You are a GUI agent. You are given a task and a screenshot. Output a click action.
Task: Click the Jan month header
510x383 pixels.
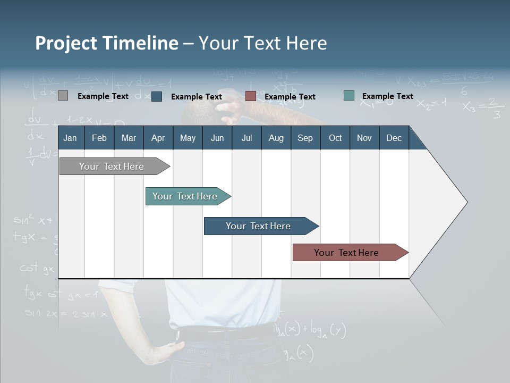(70, 138)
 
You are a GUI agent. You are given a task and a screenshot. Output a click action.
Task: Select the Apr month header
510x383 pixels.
(158, 138)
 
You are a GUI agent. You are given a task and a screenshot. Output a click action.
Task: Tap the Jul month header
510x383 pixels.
(246, 138)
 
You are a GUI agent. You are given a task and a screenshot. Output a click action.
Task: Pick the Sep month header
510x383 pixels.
(305, 138)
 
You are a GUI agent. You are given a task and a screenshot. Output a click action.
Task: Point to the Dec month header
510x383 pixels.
(394, 138)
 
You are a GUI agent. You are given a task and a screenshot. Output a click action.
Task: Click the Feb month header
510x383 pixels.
(99, 138)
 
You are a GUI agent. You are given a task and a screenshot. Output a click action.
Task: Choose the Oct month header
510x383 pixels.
(335, 138)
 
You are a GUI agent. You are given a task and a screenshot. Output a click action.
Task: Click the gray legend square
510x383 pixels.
(63, 96)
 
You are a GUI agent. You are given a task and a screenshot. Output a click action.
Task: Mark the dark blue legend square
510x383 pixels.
(157, 96)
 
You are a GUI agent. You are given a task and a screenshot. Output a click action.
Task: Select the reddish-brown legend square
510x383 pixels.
(251, 96)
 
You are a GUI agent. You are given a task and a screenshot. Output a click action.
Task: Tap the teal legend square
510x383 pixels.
(349, 96)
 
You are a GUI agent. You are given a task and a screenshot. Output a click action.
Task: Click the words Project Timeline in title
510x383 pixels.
(107, 43)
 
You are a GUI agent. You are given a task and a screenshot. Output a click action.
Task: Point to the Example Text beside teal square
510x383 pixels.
(387, 96)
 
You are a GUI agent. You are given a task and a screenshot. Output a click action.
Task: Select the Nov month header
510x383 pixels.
(364, 138)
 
